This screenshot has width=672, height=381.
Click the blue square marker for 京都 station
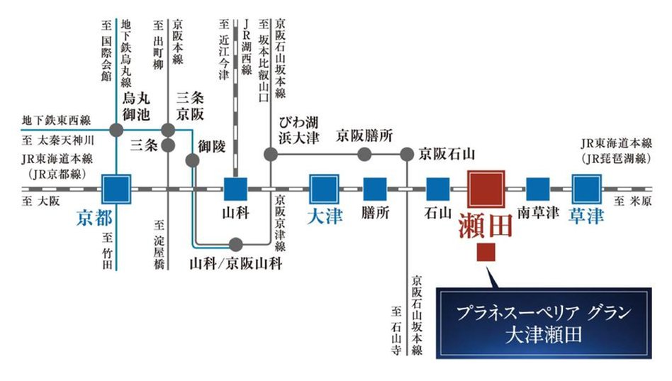tap(116, 189)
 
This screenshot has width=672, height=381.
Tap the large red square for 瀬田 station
tap(486, 189)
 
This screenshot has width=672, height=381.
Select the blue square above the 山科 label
tap(235, 189)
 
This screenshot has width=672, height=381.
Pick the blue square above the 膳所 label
tap(375, 189)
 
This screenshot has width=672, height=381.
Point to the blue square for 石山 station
tap(438, 189)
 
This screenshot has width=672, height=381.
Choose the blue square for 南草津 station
tap(538, 189)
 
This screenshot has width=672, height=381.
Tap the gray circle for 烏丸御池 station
tap(117, 131)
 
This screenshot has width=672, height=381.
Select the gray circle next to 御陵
tap(192, 160)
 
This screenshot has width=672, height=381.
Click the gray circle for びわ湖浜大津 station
tap(270, 153)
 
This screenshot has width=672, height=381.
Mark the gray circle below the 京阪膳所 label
tap(364, 153)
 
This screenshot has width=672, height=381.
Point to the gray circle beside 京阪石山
tap(406, 153)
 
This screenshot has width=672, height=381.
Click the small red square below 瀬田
tap(486, 252)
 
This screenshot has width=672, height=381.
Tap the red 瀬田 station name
tap(486, 228)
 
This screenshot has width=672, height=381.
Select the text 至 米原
tap(632, 201)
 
